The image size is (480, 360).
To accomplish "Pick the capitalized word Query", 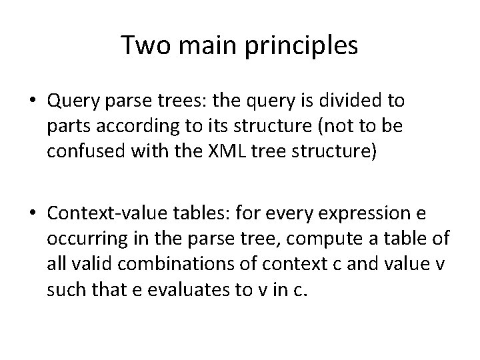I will [x=70, y=101].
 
